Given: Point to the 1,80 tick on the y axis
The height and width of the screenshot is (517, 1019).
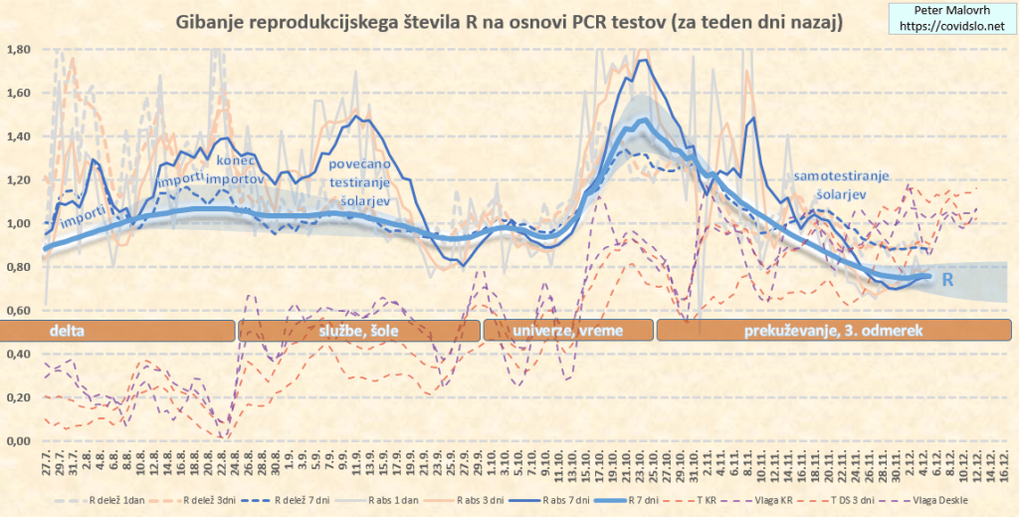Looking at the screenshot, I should point(19,49).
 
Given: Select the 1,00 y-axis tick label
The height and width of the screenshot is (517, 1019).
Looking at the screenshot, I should point(19,223).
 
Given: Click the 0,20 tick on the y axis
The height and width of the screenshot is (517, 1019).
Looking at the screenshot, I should point(19,397).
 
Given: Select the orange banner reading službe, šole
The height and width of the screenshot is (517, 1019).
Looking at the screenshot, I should point(358,331).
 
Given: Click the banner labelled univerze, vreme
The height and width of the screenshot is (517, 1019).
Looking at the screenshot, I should point(566,331).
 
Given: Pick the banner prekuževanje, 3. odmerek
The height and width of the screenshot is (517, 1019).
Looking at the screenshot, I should point(833,331).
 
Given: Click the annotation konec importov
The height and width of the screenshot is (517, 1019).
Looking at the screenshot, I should point(238,170).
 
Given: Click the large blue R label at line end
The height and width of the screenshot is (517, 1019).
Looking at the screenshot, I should point(948,281).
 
